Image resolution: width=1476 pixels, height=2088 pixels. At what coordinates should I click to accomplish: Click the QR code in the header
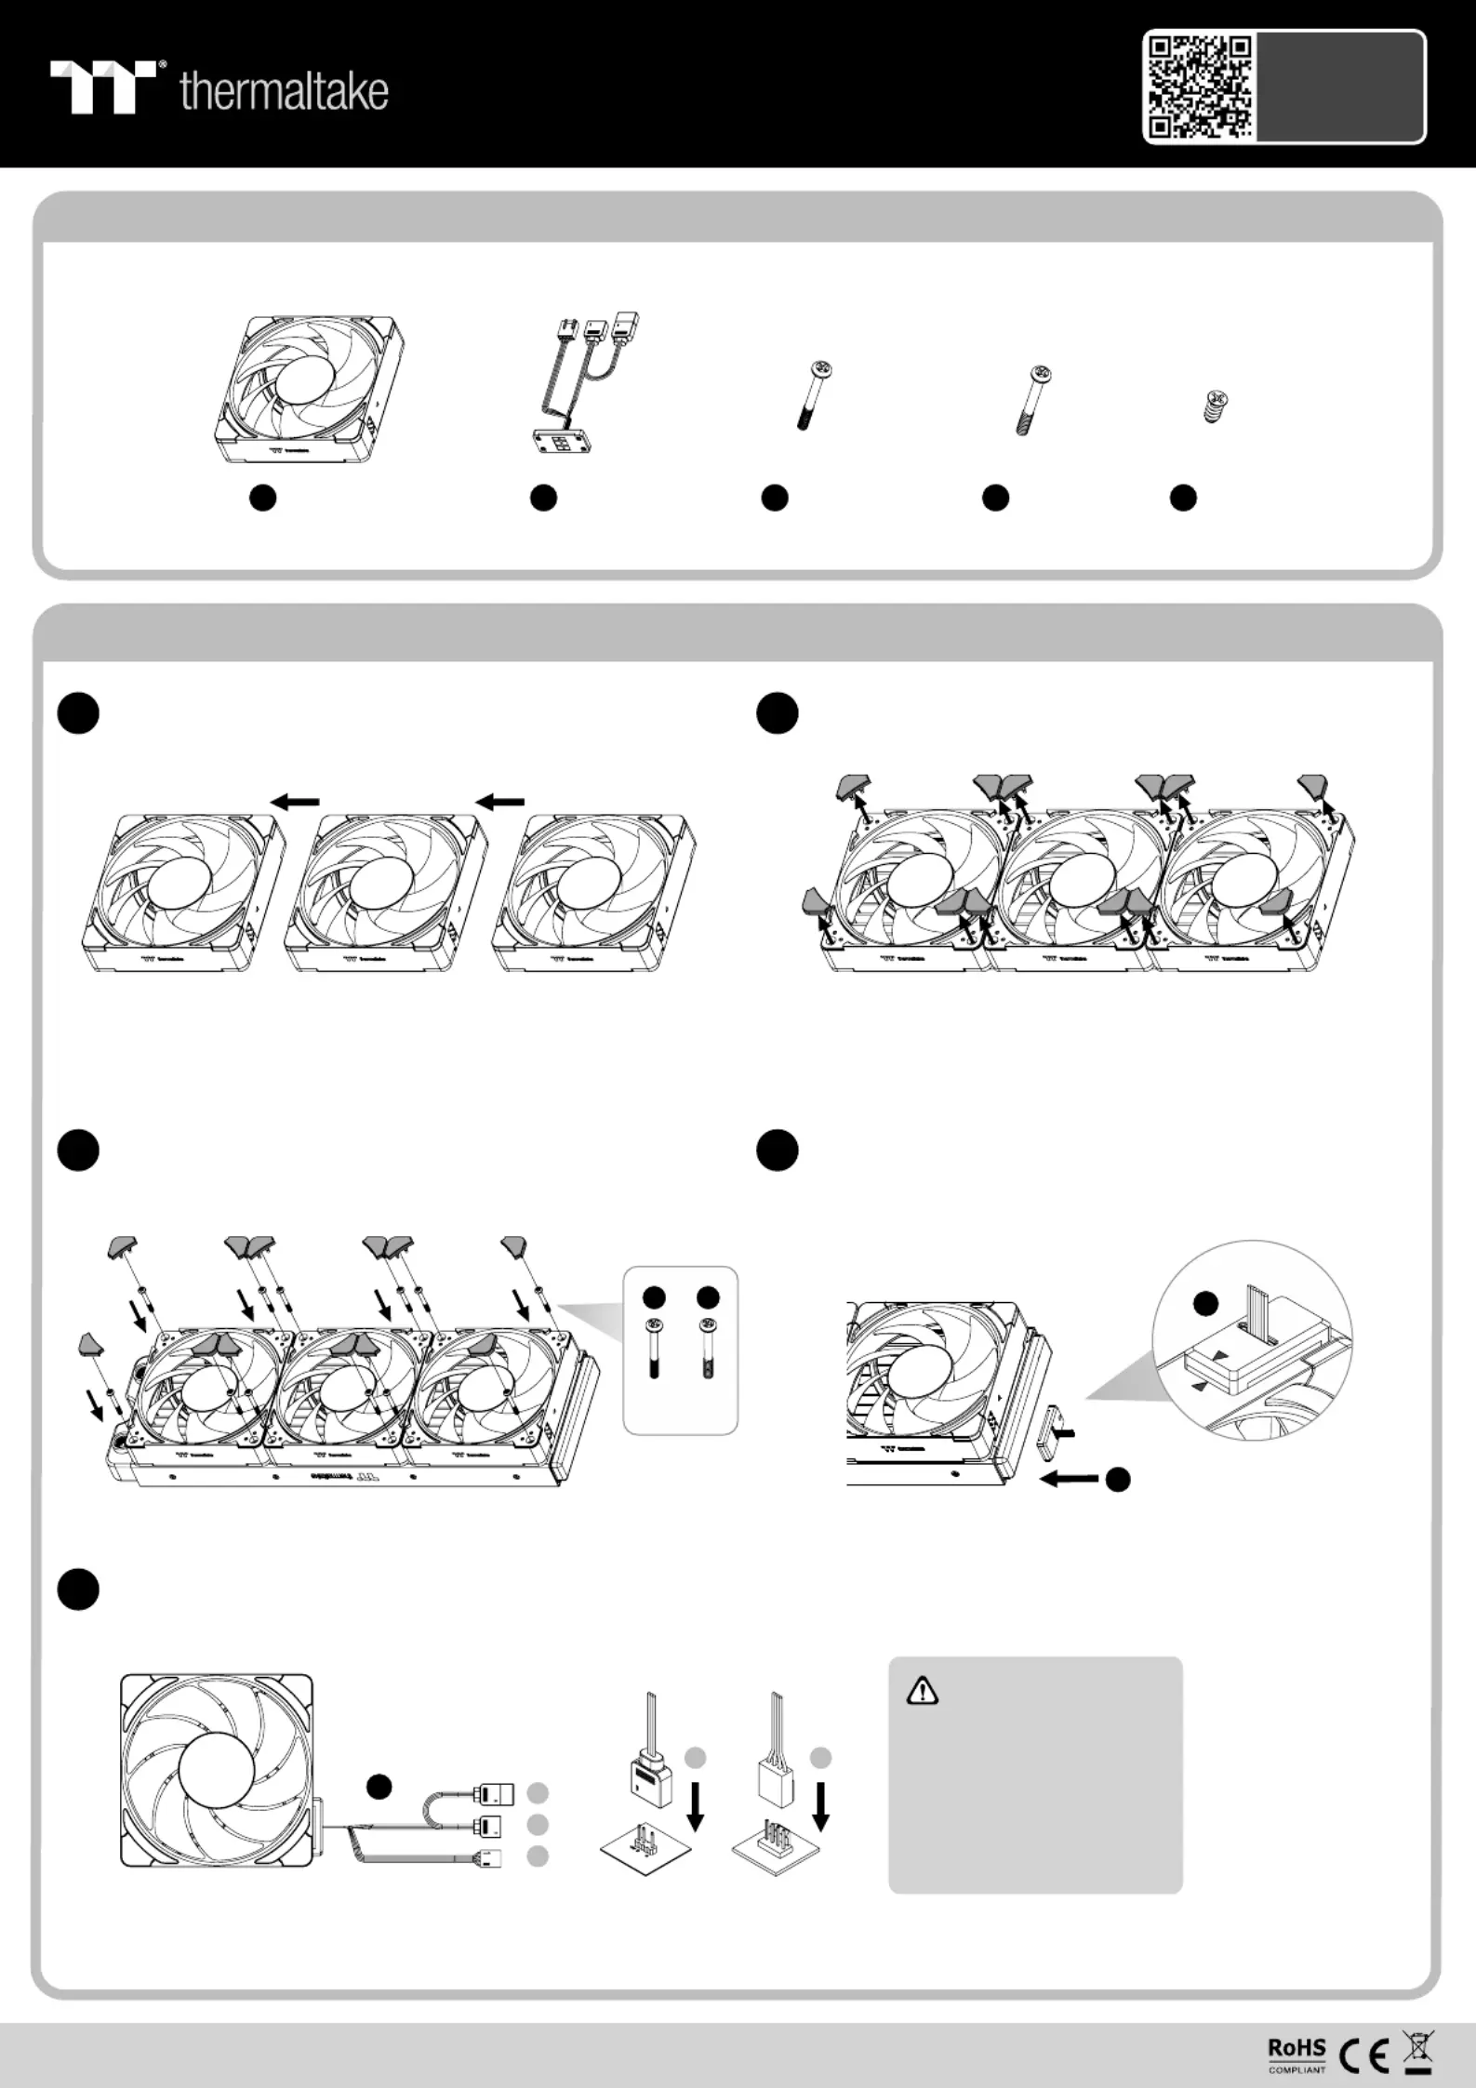(1199, 86)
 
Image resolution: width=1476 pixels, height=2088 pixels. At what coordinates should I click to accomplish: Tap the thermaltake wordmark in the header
(284, 91)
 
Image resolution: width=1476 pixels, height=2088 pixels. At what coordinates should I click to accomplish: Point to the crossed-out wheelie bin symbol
(1418, 2053)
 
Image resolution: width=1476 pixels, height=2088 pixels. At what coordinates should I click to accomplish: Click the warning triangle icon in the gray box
(922, 1690)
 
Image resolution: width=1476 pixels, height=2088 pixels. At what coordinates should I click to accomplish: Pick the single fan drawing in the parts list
(309, 389)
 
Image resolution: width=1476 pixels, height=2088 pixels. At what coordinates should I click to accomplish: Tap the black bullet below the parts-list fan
(263, 498)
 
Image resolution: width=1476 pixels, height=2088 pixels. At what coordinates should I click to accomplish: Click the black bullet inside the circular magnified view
(1204, 1305)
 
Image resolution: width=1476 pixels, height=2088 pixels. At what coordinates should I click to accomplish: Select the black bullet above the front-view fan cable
(378, 1785)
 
